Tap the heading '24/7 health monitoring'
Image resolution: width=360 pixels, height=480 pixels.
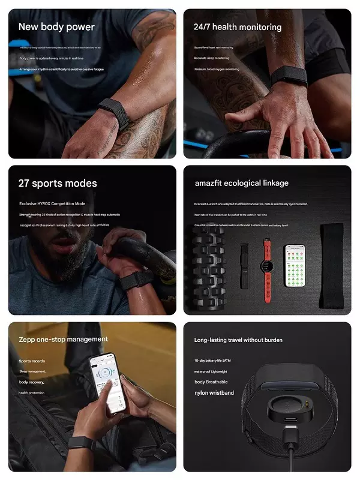[x=238, y=27]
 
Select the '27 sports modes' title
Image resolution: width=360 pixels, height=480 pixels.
[x=58, y=183]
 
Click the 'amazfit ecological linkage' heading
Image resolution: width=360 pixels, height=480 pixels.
[x=241, y=183]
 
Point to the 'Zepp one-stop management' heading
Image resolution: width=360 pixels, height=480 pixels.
[x=63, y=340]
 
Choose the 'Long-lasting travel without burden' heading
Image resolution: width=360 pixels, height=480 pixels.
[x=238, y=340]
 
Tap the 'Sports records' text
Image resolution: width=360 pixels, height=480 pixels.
[x=31, y=361]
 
